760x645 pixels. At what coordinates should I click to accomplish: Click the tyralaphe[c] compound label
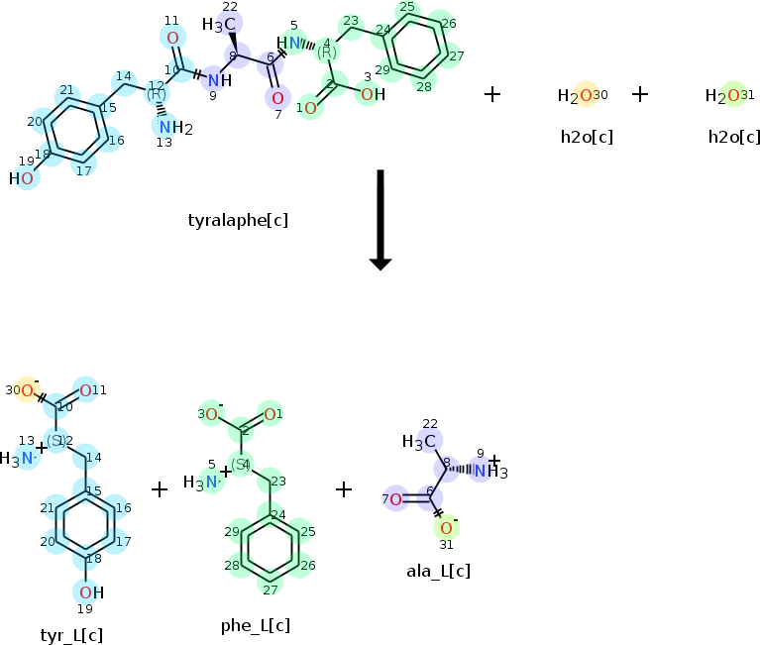[x=238, y=219]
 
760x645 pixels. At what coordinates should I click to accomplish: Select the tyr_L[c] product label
[x=71, y=635]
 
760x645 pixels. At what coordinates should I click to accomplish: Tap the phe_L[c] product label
[x=256, y=625]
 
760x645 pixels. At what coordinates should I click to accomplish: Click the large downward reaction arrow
[x=380, y=219]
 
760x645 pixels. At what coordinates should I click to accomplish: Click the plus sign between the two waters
[x=640, y=94]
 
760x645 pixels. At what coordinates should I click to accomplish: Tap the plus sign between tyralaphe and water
[x=492, y=94]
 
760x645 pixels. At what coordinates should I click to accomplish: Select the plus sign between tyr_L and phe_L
[x=160, y=488]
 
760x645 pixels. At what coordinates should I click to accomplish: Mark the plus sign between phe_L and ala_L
[x=344, y=488]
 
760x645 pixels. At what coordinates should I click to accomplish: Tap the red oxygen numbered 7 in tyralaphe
[x=277, y=97]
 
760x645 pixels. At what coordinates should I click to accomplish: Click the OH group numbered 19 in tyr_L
[x=90, y=592]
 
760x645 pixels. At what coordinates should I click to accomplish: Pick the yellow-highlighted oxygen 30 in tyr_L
[x=27, y=390]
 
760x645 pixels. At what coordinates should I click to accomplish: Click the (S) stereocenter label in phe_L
[x=240, y=464]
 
